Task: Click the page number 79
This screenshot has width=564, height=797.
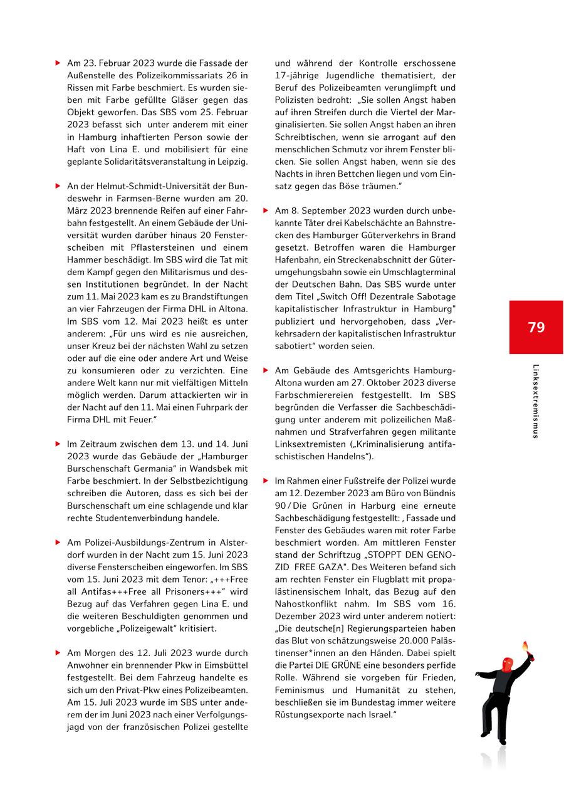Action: pyautogui.click(x=536, y=327)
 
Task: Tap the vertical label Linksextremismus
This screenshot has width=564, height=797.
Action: pyautogui.click(x=536, y=401)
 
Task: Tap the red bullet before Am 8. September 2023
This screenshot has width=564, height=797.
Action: pyautogui.click(x=266, y=210)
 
